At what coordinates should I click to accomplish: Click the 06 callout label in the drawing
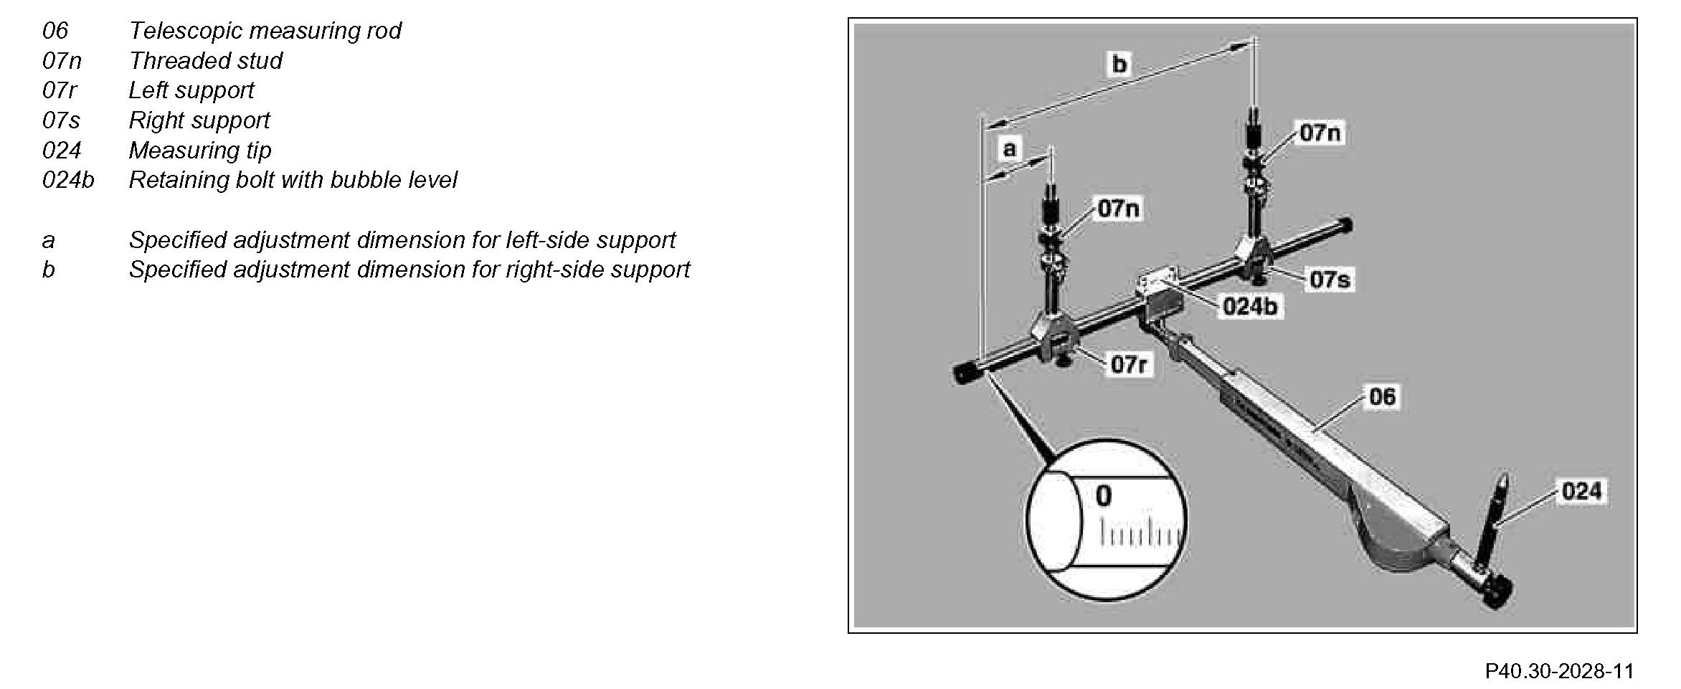point(1382,396)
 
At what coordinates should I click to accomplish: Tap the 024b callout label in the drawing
point(1250,307)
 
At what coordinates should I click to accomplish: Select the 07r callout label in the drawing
point(1130,365)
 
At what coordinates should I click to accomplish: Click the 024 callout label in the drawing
point(1581,491)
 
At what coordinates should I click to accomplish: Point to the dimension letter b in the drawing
point(1119,65)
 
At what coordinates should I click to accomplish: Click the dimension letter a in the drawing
point(1010,149)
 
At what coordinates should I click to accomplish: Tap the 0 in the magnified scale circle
point(1103,496)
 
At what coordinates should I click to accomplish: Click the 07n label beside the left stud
point(1119,209)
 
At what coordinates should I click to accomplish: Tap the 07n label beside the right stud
point(1320,133)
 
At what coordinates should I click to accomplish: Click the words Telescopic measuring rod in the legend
point(265,31)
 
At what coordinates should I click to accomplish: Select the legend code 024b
point(68,180)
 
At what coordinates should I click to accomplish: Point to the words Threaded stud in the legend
point(205,61)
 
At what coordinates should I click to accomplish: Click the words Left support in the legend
point(191,90)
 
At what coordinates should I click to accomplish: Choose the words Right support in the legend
point(199,120)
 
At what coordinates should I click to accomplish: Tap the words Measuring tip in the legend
point(199,151)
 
